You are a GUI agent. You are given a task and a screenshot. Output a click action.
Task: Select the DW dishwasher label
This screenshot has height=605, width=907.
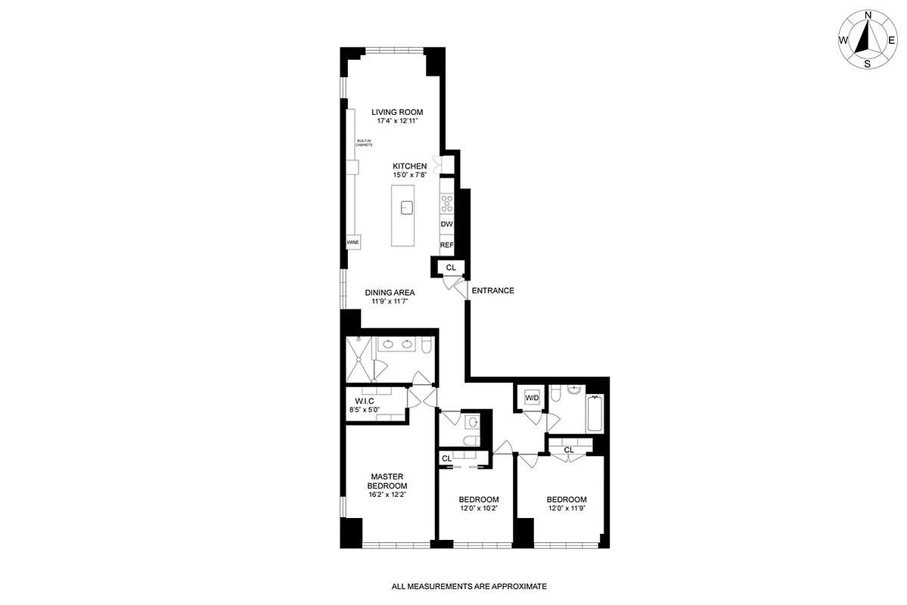(446, 225)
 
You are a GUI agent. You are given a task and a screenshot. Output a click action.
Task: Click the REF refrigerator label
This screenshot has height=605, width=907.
(446, 245)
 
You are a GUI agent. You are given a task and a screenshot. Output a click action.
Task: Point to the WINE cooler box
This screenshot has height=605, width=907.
(353, 243)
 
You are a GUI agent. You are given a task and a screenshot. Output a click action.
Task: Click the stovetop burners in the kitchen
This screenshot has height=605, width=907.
(446, 203)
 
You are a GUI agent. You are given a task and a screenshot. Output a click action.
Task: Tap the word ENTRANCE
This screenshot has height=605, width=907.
(492, 290)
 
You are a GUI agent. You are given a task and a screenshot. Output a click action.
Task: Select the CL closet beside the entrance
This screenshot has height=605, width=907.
(451, 267)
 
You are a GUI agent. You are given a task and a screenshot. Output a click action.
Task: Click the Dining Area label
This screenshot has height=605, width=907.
(390, 293)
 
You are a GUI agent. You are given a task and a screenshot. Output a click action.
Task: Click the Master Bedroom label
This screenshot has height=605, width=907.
(387, 481)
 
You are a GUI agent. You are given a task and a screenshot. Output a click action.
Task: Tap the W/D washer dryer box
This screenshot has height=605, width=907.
(531, 399)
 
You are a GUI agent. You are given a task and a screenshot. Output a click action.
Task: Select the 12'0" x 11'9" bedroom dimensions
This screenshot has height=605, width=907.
(567, 508)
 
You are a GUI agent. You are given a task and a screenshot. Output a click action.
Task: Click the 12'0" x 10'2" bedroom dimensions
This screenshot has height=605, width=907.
(479, 508)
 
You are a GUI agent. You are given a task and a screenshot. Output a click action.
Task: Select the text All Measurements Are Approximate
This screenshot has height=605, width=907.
(468, 586)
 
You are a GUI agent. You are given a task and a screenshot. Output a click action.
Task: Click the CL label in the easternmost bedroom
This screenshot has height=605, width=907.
(569, 450)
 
